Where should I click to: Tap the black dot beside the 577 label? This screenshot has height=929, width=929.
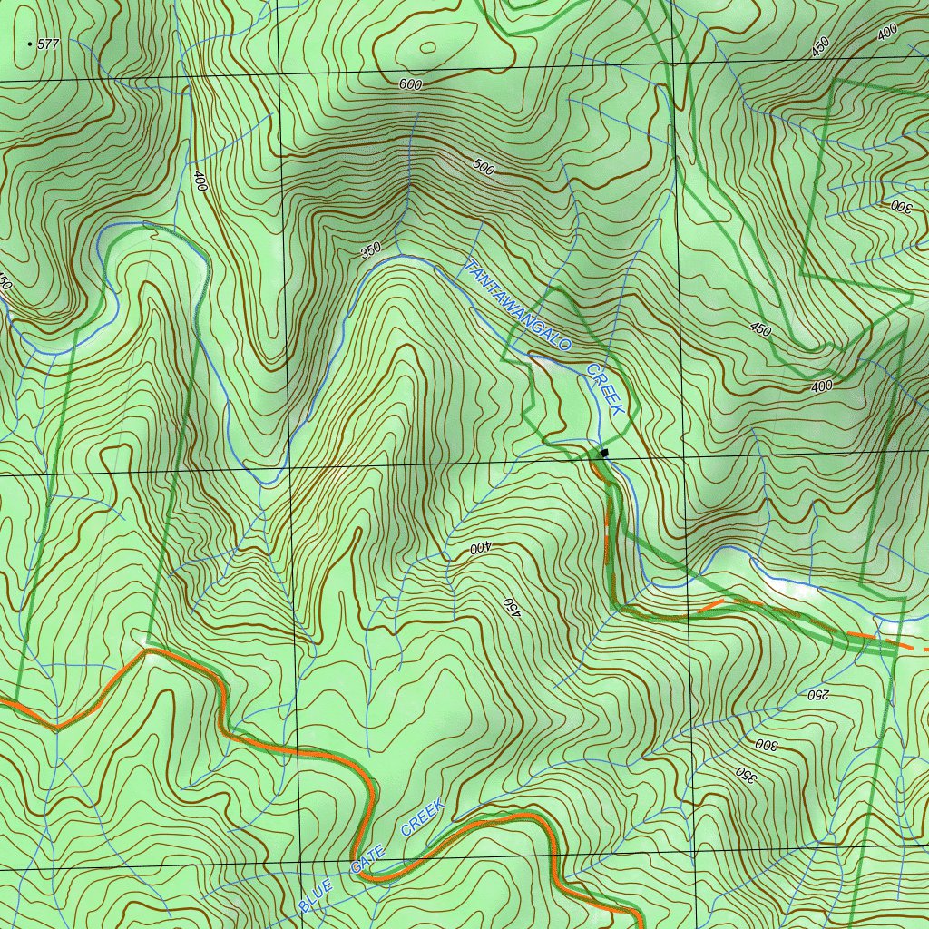coord(31,44)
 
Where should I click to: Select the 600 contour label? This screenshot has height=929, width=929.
coord(411,84)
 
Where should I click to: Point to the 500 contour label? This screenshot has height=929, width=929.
coord(484,167)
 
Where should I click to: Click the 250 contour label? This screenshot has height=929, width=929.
coord(818,695)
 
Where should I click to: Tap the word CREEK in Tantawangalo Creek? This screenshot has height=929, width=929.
coord(605,390)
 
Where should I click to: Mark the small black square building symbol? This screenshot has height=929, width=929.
coord(604,452)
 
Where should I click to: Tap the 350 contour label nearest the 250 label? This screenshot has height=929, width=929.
coord(746,774)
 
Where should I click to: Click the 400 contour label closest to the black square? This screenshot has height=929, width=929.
coord(479,548)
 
